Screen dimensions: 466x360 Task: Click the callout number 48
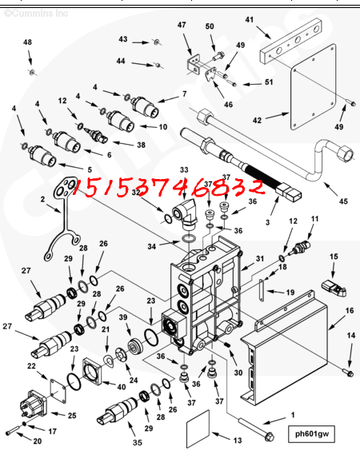[x=27, y=42]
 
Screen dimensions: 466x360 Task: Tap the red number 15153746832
[x=168, y=189]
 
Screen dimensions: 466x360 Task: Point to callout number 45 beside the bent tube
[x=343, y=201]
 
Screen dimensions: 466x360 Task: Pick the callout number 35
[x=137, y=442]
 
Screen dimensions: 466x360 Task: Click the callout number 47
[x=182, y=26]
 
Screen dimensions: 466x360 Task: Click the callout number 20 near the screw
[x=37, y=440]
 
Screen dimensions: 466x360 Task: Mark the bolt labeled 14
[x=350, y=372]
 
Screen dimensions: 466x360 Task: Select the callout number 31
[x=259, y=258]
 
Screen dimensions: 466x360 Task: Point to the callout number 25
[x=71, y=416]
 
